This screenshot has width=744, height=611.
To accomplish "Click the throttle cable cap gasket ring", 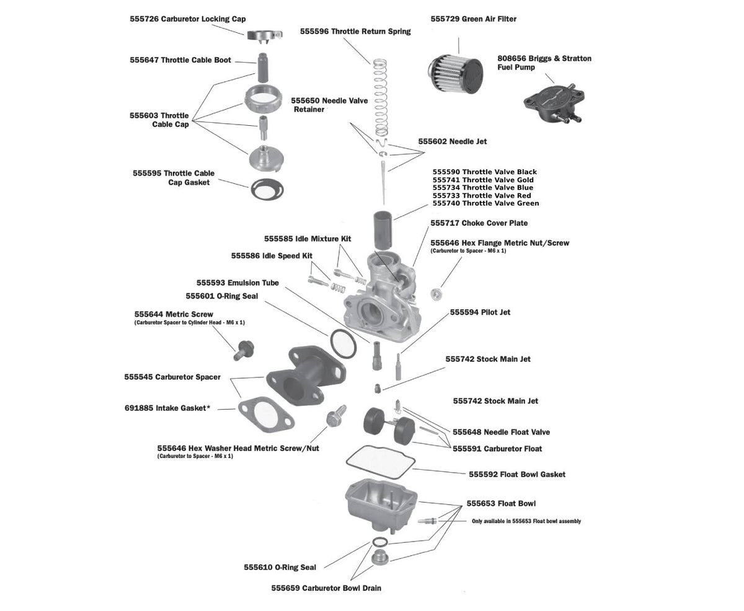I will click(268, 188).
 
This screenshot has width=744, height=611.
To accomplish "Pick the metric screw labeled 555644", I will click(242, 350).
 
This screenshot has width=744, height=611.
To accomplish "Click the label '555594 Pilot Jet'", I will click(480, 312).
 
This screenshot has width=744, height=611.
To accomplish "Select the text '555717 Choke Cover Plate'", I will click(479, 223).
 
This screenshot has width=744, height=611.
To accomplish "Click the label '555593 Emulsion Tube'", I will click(237, 283).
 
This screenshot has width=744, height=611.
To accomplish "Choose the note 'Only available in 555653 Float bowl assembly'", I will click(526, 521).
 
